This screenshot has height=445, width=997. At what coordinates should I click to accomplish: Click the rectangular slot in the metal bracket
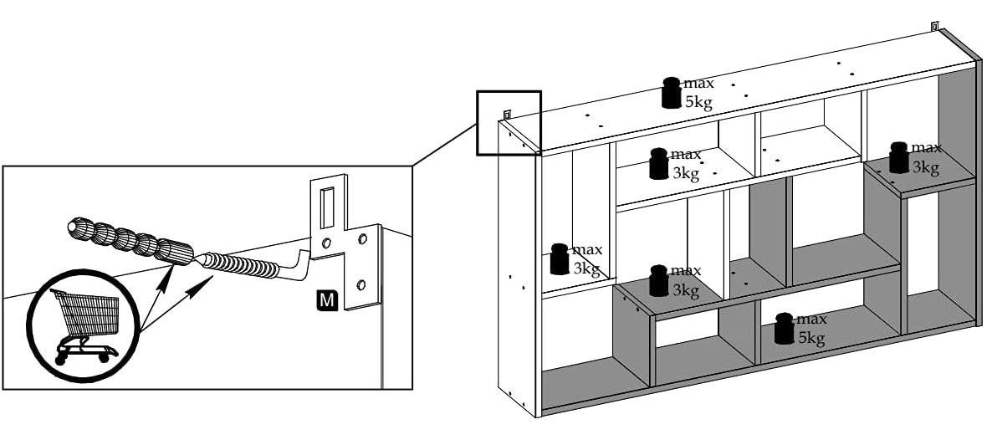(x=328, y=204)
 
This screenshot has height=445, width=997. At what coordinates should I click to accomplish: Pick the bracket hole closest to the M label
(x=362, y=282)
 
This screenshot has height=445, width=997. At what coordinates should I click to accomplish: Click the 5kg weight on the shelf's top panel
(x=672, y=93)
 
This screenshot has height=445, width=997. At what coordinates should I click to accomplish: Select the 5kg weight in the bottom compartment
(x=785, y=329)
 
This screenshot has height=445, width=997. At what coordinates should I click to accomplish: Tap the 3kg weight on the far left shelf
(x=560, y=258)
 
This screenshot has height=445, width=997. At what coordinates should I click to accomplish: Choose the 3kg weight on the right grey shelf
(x=899, y=157)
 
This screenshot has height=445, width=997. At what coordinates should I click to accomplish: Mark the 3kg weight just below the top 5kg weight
(x=659, y=164)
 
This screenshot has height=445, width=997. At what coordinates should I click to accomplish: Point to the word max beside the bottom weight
(x=811, y=319)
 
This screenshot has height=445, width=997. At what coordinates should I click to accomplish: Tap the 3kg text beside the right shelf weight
(x=925, y=166)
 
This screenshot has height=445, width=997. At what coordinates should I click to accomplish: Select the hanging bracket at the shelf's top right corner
(x=935, y=26)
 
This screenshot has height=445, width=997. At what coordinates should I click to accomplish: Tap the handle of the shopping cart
(x=58, y=292)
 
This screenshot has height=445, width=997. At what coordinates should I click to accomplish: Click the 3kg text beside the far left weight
(x=586, y=268)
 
